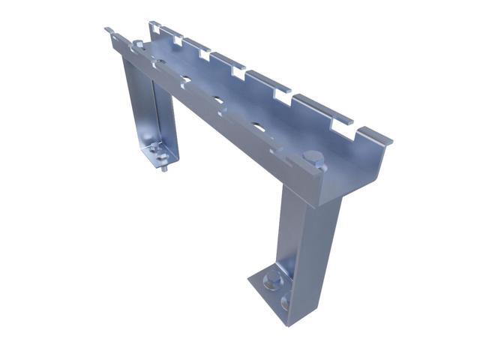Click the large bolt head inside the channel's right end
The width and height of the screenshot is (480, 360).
[315, 159]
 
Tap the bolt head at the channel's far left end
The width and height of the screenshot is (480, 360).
[139, 46]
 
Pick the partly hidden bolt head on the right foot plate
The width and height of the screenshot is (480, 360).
[286, 304]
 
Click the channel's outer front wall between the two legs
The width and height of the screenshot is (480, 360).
[225, 127]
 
